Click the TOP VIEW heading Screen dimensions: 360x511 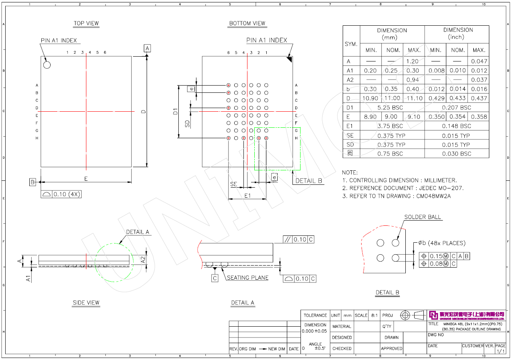coord(86,23)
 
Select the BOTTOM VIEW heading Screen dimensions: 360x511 coord(247,23)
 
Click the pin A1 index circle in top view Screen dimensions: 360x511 coord(47,65)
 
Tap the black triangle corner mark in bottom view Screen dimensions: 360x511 coord(289,59)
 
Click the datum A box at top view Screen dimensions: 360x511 coord(147,48)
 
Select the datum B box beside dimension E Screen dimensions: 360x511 coord(33,182)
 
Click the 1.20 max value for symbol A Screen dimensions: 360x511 coord(413,61)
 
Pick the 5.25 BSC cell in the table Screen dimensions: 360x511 coord(392,108)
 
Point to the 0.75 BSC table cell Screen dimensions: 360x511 coord(392,154)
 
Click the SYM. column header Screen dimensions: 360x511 coord(351,44)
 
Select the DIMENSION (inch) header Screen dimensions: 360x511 coord(458,33)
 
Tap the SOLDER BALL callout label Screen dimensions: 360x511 coord(423,217)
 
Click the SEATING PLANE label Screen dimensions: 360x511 coord(248,278)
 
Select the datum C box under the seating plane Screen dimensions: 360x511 coord(215,278)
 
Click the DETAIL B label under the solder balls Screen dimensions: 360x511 coord(387,292)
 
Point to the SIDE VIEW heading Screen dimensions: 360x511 coord(86,303)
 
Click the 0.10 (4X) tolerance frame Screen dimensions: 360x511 coord(61,194)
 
